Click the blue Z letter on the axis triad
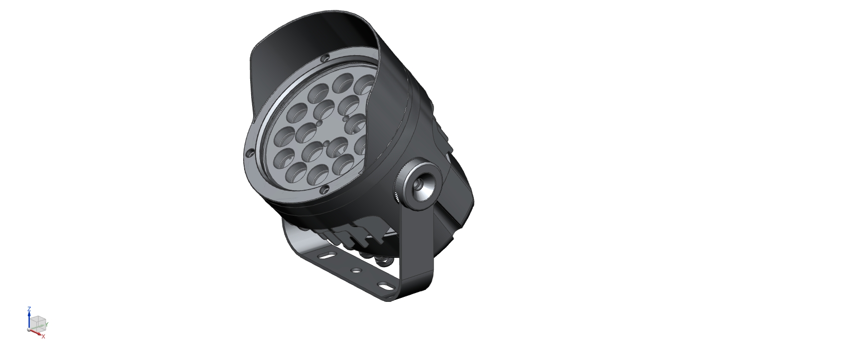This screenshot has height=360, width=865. (x=29, y=309)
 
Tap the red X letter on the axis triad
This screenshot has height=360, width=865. (x=44, y=337)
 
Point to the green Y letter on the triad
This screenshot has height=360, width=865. (x=47, y=324)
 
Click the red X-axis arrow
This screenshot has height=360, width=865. (x=36, y=332)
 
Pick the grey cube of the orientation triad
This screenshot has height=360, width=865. (x=38, y=322)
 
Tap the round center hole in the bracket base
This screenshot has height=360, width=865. (x=356, y=271)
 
